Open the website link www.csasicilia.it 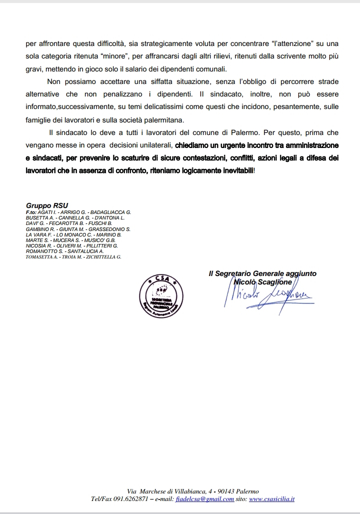coord(271,499)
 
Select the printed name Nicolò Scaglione coord(262,282)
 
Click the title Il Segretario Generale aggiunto coord(262,273)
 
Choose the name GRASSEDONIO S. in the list coord(109,229)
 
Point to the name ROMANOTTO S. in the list coord(44,251)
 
